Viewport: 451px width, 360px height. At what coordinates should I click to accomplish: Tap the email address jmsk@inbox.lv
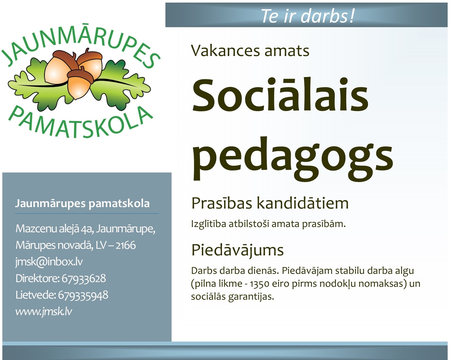49,262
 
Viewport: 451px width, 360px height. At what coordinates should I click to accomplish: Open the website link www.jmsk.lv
44,312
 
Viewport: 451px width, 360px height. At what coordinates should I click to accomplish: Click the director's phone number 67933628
84,278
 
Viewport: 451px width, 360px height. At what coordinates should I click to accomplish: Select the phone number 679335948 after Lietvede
83,295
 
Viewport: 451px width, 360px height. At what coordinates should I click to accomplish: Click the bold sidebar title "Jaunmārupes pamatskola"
82,203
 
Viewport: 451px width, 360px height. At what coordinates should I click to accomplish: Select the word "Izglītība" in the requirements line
209,224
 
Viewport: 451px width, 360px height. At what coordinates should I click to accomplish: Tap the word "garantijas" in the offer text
251,297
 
